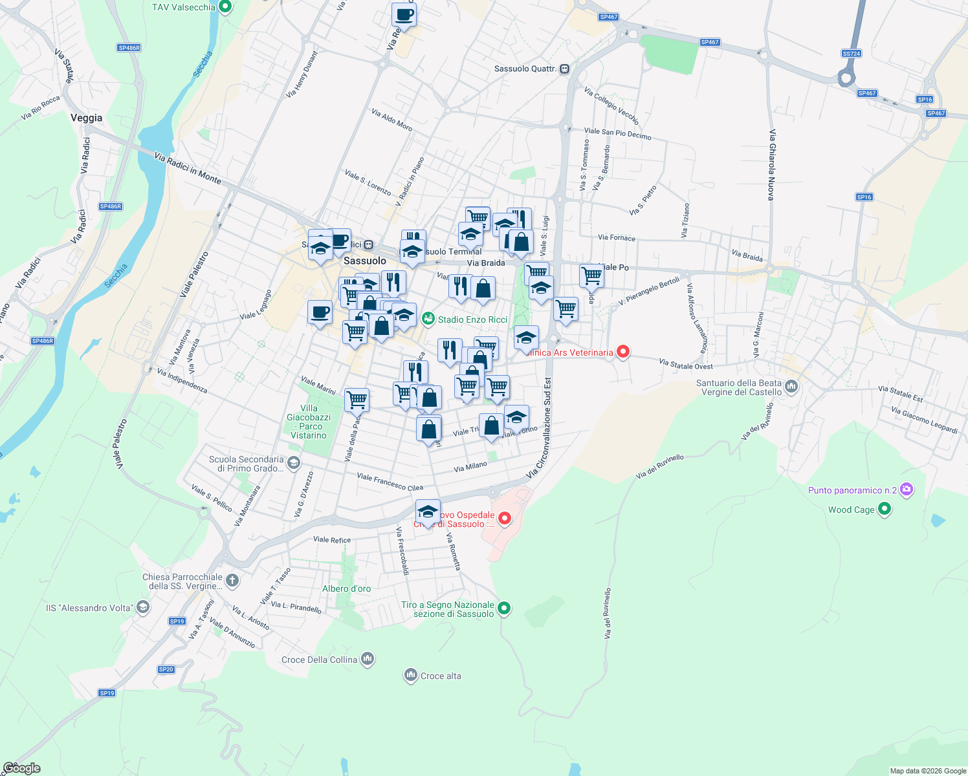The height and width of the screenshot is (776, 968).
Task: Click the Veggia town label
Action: point(86,118)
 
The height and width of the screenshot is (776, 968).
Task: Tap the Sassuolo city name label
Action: point(364,261)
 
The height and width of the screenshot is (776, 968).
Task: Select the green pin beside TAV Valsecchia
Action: point(225,7)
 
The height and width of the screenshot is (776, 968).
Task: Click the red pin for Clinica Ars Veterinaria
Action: point(622,352)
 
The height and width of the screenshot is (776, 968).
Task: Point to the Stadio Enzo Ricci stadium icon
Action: point(428,319)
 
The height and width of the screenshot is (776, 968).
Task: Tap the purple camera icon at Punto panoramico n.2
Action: point(907,490)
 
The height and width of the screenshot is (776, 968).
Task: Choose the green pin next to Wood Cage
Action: point(885,510)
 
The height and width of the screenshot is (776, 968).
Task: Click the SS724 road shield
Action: point(852,54)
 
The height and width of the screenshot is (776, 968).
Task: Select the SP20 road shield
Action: point(166,669)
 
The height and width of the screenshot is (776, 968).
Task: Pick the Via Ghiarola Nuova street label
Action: point(771,164)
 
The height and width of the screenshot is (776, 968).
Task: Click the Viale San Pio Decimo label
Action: point(617,134)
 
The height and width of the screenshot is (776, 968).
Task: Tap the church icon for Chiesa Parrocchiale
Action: point(232,581)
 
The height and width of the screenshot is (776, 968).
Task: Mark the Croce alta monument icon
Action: point(410,676)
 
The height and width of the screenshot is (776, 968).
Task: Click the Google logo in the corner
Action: point(21,768)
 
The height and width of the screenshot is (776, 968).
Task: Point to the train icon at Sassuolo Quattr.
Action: point(565,69)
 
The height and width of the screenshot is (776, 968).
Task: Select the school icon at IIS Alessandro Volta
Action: point(143,607)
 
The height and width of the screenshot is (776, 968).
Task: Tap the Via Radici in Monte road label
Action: point(188,167)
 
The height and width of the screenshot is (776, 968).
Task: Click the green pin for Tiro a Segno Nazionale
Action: point(504,608)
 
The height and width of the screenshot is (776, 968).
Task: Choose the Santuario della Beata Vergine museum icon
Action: point(792,387)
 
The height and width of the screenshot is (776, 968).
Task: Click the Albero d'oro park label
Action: point(347,588)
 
